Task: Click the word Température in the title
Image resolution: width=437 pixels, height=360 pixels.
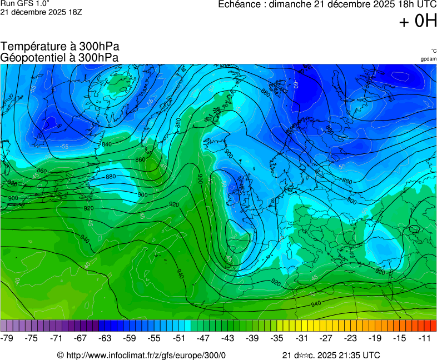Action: tap(34, 47)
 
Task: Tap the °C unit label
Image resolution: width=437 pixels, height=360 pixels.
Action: tap(433, 51)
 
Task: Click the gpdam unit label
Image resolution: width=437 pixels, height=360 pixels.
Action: tap(428, 58)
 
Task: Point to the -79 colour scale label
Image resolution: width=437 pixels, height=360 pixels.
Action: tap(7, 338)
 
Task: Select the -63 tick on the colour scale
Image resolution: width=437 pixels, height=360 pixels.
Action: tap(105, 338)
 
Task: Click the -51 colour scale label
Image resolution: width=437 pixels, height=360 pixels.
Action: tap(179, 338)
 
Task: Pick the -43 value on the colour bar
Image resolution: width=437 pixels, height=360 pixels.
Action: tap(228, 338)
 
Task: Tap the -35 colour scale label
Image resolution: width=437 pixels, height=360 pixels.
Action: tap(277, 338)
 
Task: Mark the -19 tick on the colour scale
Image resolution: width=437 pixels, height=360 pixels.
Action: tap(375, 338)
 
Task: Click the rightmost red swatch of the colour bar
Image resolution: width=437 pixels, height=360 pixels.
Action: tap(433, 326)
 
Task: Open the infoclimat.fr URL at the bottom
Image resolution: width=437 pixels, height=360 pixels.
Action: tap(146, 355)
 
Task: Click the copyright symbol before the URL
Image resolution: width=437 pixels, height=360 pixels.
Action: tap(61, 355)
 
